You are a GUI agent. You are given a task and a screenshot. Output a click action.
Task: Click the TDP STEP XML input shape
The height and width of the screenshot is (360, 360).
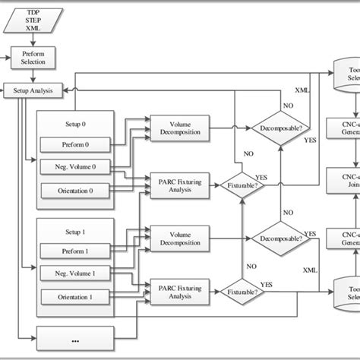(30, 21)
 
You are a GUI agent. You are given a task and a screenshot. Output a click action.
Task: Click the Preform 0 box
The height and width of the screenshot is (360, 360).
(76, 144)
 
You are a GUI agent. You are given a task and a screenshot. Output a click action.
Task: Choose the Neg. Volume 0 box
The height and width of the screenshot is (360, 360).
(76, 166)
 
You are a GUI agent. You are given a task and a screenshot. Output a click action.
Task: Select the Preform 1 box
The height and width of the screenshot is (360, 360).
(76, 250)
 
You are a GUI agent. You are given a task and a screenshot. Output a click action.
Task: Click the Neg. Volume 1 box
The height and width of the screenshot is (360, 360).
(76, 273)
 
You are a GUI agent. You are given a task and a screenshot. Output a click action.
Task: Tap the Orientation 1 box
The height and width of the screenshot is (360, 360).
(76, 296)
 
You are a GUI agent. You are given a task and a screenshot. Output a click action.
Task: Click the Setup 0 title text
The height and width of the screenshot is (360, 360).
(76, 122)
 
